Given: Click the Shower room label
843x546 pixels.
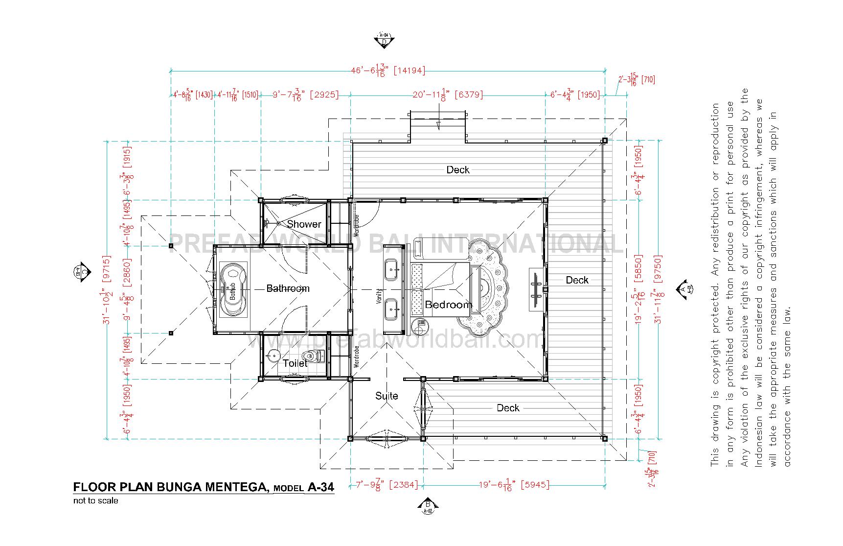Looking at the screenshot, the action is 304,224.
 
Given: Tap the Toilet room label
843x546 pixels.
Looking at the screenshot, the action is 296,363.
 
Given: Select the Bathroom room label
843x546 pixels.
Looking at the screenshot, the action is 288,288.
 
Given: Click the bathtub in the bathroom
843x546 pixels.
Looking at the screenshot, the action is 233,289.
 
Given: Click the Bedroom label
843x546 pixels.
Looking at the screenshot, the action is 448,305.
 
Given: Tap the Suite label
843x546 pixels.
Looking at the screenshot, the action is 387,396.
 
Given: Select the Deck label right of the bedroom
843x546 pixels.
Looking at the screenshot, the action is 577,280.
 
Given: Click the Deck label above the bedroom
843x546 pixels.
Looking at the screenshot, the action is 458,170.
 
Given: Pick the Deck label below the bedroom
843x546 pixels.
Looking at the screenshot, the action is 508,408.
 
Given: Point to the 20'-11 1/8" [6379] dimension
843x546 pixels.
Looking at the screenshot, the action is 448,95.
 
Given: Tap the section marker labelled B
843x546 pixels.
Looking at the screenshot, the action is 428,506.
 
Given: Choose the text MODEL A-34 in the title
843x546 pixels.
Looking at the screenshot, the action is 304,487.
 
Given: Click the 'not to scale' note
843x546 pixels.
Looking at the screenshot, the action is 96,500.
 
